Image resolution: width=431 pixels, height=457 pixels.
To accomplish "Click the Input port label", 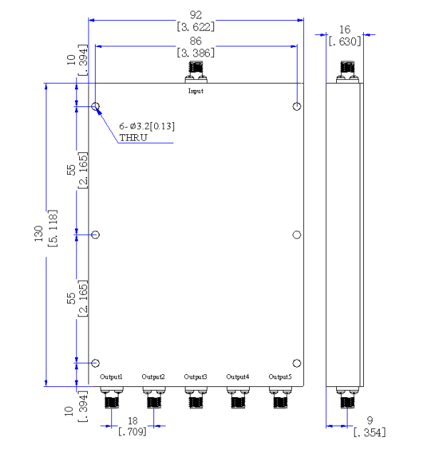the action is pyautogui.click(x=196, y=91).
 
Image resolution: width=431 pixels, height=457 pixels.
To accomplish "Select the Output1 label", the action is pyautogui.click(x=111, y=377).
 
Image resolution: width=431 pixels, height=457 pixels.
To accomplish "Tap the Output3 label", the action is pyautogui.click(x=196, y=377).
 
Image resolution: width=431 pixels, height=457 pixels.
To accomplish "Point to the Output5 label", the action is pyautogui.click(x=280, y=377).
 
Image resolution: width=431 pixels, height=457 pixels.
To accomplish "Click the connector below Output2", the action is pyautogui.click(x=153, y=398).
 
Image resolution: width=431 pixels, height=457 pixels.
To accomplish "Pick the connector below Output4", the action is pyautogui.click(x=238, y=398).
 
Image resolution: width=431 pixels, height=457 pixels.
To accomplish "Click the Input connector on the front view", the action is pyautogui.click(x=196, y=72).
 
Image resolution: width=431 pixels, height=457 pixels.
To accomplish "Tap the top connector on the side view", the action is pyautogui.click(x=348, y=72).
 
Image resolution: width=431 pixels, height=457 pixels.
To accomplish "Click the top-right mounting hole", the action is pyautogui.click(x=297, y=106).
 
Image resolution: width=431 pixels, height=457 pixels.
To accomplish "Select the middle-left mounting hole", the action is pyautogui.click(x=96, y=235).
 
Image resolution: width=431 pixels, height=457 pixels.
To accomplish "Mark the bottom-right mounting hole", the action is pyautogui.click(x=297, y=363).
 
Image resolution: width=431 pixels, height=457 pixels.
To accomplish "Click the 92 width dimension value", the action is pyautogui.click(x=196, y=15).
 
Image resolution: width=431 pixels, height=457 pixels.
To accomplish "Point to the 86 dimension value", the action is pyautogui.click(x=196, y=41).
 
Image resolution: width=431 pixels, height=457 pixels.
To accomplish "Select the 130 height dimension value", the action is pyautogui.click(x=39, y=233).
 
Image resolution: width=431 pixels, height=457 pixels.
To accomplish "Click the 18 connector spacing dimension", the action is pyautogui.click(x=133, y=421).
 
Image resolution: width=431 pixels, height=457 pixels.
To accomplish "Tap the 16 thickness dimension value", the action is pyautogui.click(x=345, y=29).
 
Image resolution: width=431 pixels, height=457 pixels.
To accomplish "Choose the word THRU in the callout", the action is pyautogui.click(x=133, y=138).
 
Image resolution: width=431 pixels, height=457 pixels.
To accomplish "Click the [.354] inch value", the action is pyautogui.click(x=370, y=432).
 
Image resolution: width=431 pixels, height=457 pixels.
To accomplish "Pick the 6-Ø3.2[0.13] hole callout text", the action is pyautogui.click(x=147, y=126).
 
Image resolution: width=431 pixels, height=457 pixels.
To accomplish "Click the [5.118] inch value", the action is pyautogui.click(x=53, y=228).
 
